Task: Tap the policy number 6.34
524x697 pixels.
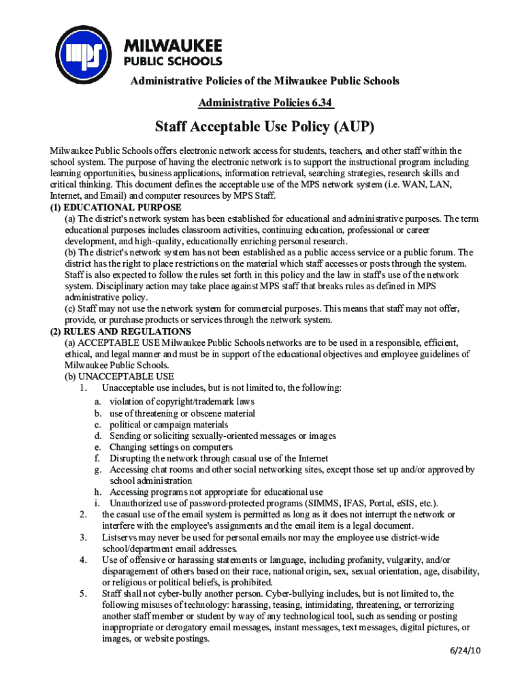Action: pos(319,103)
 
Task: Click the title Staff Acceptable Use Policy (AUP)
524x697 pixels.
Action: pos(265,127)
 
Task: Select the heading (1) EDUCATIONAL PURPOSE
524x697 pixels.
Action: pos(116,207)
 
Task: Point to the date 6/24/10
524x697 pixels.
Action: pos(465,651)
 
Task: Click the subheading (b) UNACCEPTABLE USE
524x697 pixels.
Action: pos(120,376)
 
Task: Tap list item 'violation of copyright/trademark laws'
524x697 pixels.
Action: pos(182,402)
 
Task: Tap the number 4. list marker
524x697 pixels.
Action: pos(82,560)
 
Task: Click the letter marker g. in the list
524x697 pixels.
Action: pos(98,470)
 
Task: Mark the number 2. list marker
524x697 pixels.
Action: pos(82,515)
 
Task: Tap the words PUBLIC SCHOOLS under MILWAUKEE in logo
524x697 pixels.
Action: pos(172,60)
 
